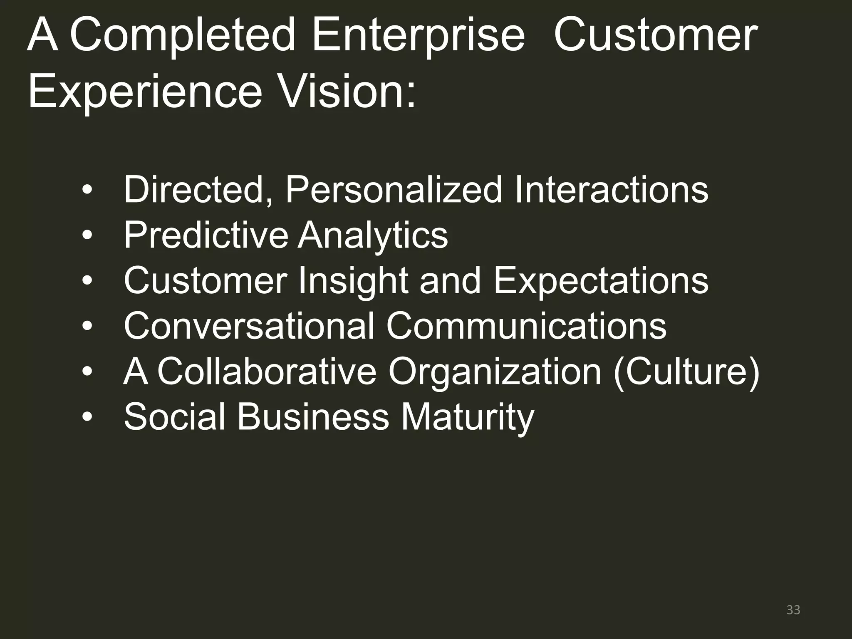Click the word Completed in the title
[182, 37]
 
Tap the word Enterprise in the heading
[418, 37]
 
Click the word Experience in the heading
[145, 92]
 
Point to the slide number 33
[793, 610]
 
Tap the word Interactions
[611, 190]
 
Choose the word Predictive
[206, 235]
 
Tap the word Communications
[526, 326]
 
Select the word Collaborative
[267, 371]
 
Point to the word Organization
[495, 372]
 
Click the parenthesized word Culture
[686, 372]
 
